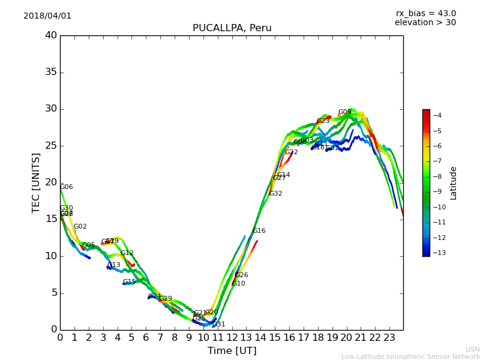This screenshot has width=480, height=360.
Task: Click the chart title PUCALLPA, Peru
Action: click(x=232, y=28)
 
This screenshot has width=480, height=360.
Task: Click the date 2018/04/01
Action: click(x=47, y=16)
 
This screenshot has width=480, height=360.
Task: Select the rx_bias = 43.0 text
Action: click(x=425, y=13)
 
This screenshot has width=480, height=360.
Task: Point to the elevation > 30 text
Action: click(x=425, y=23)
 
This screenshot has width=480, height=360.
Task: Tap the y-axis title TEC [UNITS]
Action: click(x=36, y=182)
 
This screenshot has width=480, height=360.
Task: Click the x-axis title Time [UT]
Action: click(x=232, y=350)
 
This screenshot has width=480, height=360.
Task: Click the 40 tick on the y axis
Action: click(x=50, y=35)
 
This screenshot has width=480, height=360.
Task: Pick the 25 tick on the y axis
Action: click(x=50, y=146)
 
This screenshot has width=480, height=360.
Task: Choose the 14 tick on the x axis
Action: click(x=260, y=338)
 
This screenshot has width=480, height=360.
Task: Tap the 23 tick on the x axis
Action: click(x=389, y=338)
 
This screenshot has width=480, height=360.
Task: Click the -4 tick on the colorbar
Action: click(x=437, y=115)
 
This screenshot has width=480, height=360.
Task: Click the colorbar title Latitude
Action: click(x=454, y=182)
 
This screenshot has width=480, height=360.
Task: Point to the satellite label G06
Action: click(x=66, y=187)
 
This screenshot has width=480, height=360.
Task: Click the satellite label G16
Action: click(x=259, y=231)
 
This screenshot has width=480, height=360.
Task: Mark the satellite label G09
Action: click(x=344, y=112)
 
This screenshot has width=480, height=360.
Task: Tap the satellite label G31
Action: click(x=219, y=325)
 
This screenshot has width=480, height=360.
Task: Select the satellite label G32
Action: click(x=275, y=194)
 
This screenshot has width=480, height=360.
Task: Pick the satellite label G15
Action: click(x=129, y=282)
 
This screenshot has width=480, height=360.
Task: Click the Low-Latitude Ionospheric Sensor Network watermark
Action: click(x=410, y=356)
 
